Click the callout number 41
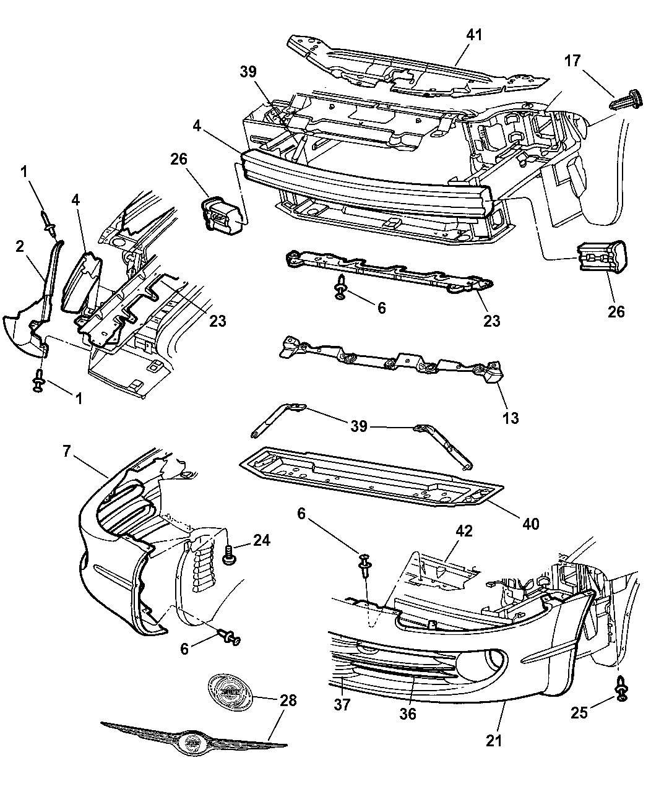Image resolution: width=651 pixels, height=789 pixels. coord(474,35)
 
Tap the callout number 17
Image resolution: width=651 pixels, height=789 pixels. coord(572,61)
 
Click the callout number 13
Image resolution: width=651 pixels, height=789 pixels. coord(511,418)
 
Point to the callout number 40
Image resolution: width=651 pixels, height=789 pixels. coord(530,524)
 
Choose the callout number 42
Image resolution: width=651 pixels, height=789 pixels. coord(464,532)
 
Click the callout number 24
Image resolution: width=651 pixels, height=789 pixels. coord(262,540)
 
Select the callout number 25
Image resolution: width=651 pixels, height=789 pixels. coord(579,713)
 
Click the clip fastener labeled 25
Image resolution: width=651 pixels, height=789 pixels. coord(621,689)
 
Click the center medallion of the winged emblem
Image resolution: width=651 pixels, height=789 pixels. coord(192,743)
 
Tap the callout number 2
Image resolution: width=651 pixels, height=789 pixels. coord(20,246)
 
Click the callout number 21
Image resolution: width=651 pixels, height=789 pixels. coord(493,741)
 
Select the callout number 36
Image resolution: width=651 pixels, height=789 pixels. coord(408,714)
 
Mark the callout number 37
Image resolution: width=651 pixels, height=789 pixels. coord(342,704)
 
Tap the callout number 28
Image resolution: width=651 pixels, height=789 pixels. coord(288,701)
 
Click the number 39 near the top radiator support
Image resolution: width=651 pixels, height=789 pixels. coord(248,71)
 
